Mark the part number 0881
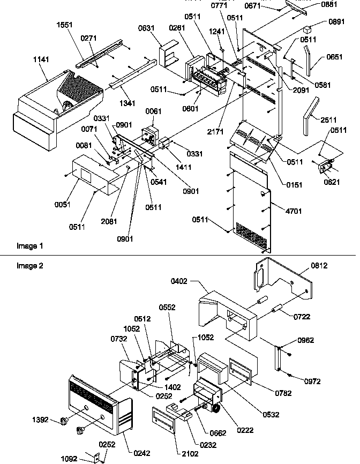(x=329, y=4)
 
